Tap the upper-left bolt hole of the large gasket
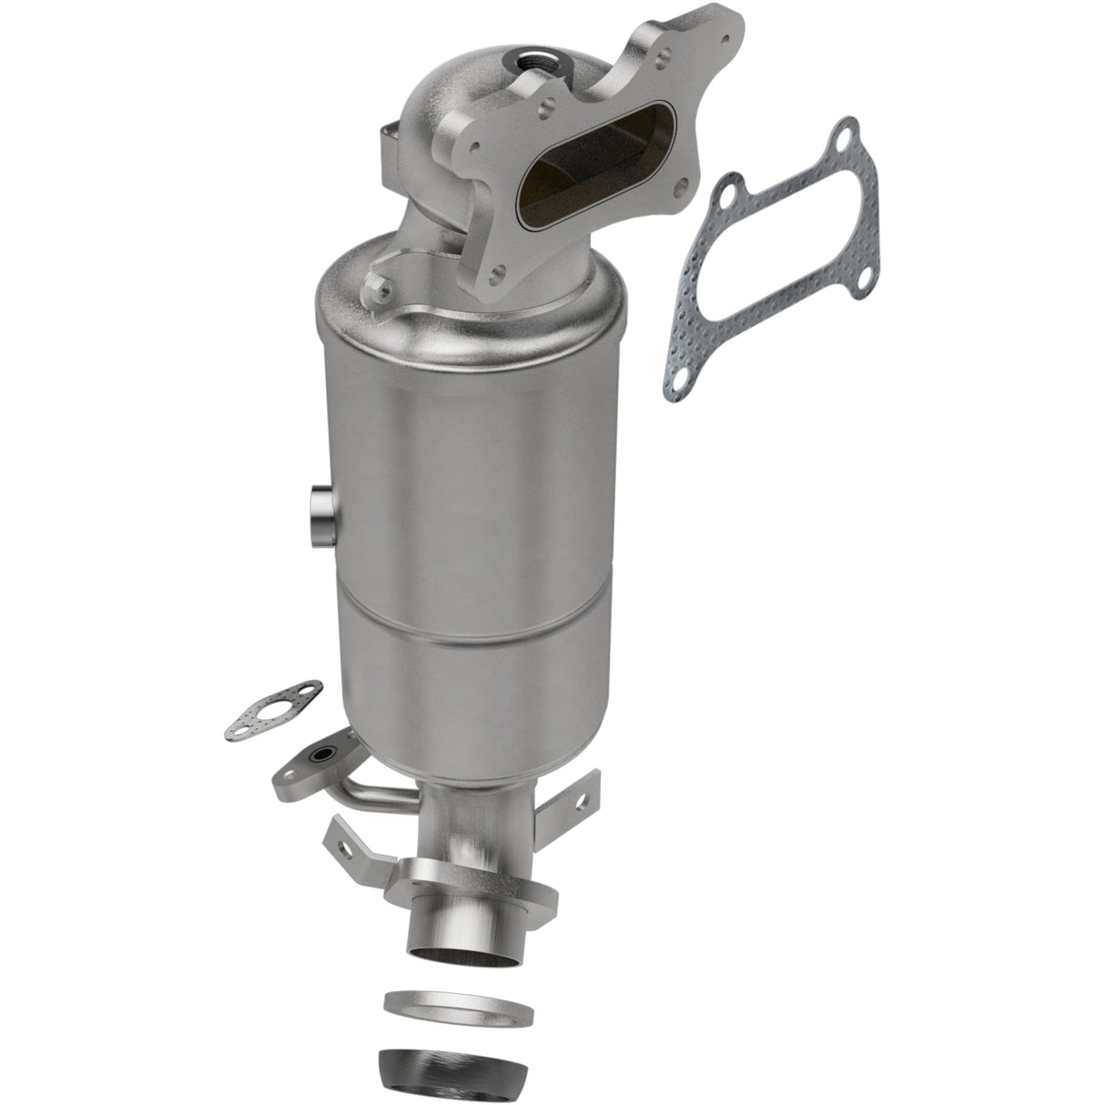[727, 193]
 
